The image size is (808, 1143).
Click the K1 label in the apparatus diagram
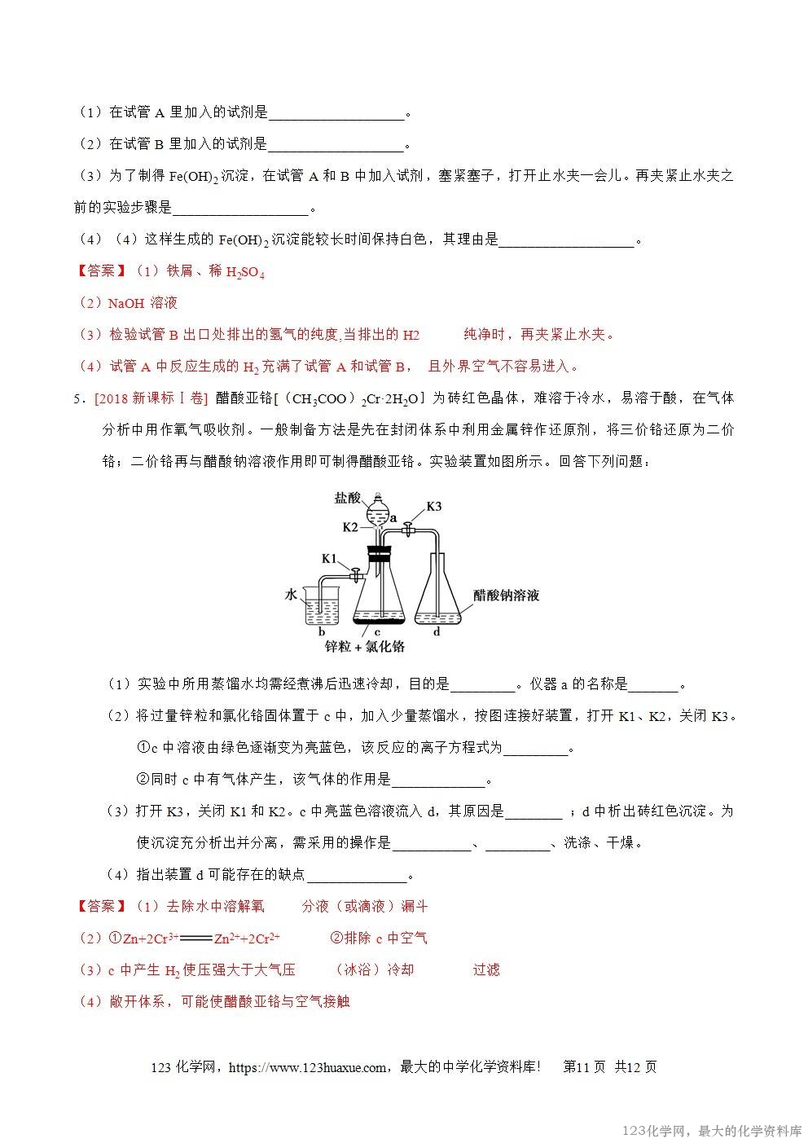329,558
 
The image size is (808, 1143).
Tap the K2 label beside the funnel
350,526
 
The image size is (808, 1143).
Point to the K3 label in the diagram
433,506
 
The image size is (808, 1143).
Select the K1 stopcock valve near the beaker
356,575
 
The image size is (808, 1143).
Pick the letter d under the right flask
437,631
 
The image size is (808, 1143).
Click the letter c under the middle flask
377,631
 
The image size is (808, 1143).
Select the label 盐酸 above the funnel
347,497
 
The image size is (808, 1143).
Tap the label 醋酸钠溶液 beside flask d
507,596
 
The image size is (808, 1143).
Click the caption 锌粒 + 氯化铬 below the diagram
364,646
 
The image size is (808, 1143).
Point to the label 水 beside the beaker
291,595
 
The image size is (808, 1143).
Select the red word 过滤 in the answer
486,969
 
